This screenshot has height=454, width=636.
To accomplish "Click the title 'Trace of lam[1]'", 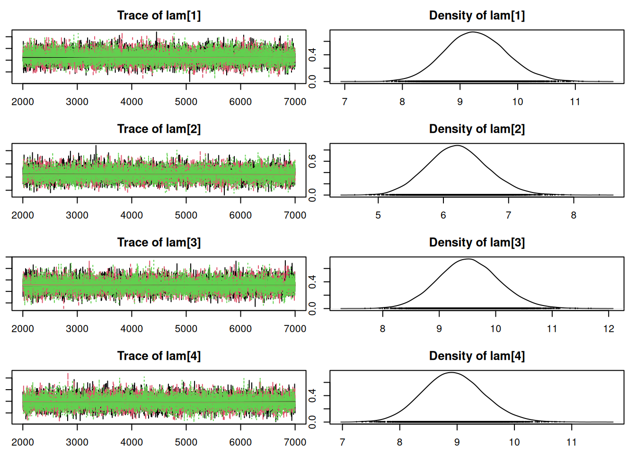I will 159,16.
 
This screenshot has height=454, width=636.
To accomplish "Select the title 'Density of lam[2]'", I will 477,129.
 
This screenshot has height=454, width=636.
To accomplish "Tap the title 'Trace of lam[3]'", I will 159,243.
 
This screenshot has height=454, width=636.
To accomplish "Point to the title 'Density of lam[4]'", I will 477,356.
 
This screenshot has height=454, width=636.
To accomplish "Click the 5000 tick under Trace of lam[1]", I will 186,102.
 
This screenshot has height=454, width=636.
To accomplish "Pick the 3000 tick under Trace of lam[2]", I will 77,215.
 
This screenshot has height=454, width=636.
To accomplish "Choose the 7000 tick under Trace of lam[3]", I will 295,329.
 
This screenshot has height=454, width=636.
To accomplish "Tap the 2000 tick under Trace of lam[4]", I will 23,442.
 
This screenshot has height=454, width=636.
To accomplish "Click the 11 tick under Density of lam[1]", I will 575,102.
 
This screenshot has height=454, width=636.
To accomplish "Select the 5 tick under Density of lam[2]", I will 378,215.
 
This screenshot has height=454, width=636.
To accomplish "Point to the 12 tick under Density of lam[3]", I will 609,329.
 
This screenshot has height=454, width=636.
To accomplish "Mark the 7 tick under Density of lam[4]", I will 343,442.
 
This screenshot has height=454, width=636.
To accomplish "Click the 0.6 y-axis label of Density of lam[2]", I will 312,162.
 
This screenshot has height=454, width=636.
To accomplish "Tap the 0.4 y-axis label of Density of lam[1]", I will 312,55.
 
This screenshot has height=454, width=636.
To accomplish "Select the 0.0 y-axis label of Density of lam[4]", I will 312,422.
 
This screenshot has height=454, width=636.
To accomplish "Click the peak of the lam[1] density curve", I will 473,32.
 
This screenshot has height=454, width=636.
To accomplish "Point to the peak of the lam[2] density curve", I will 457,146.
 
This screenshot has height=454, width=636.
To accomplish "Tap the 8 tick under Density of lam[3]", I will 382,329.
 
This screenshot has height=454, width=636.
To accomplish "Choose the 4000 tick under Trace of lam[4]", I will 132,442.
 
